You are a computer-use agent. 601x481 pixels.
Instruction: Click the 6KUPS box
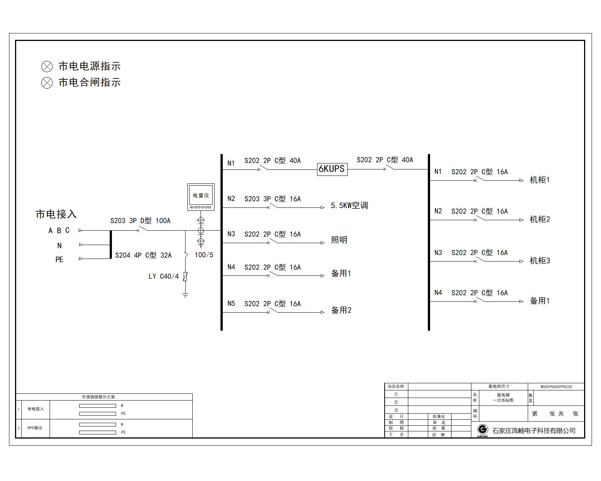coord(332,169)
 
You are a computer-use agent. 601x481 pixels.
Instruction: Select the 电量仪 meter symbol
coord(201,197)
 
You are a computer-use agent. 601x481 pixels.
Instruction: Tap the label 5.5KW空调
coord(349,206)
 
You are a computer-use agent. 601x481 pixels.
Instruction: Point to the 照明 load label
coord(339,240)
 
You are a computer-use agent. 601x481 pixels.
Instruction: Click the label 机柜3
coord(539,261)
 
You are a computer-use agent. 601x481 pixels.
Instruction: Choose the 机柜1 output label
coord(539,180)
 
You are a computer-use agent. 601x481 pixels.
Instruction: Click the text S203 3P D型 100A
coord(140,221)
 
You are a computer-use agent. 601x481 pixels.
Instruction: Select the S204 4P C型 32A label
coord(143,256)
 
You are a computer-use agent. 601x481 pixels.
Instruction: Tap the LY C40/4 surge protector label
coord(163,277)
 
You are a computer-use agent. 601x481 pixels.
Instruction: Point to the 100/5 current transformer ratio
coord(204,255)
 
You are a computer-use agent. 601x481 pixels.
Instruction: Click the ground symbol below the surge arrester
coord(185,295)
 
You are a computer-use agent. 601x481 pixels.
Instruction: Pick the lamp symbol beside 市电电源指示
coord(47,67)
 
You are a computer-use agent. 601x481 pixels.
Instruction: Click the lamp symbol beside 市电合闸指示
coord(47,83)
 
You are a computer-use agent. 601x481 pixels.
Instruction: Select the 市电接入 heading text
coord(56,214)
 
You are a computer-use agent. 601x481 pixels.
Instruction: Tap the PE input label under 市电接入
coord(59,260)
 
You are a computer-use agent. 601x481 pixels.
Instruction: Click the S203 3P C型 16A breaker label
coord(272,199)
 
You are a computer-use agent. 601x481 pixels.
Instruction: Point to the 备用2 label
coord(341,310)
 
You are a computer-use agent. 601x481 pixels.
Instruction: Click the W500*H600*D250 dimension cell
coord(556,387)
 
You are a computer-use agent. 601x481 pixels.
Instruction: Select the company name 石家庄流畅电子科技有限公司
coord(534,431)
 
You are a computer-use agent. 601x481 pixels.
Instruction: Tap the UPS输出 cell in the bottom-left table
coord(35,428)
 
